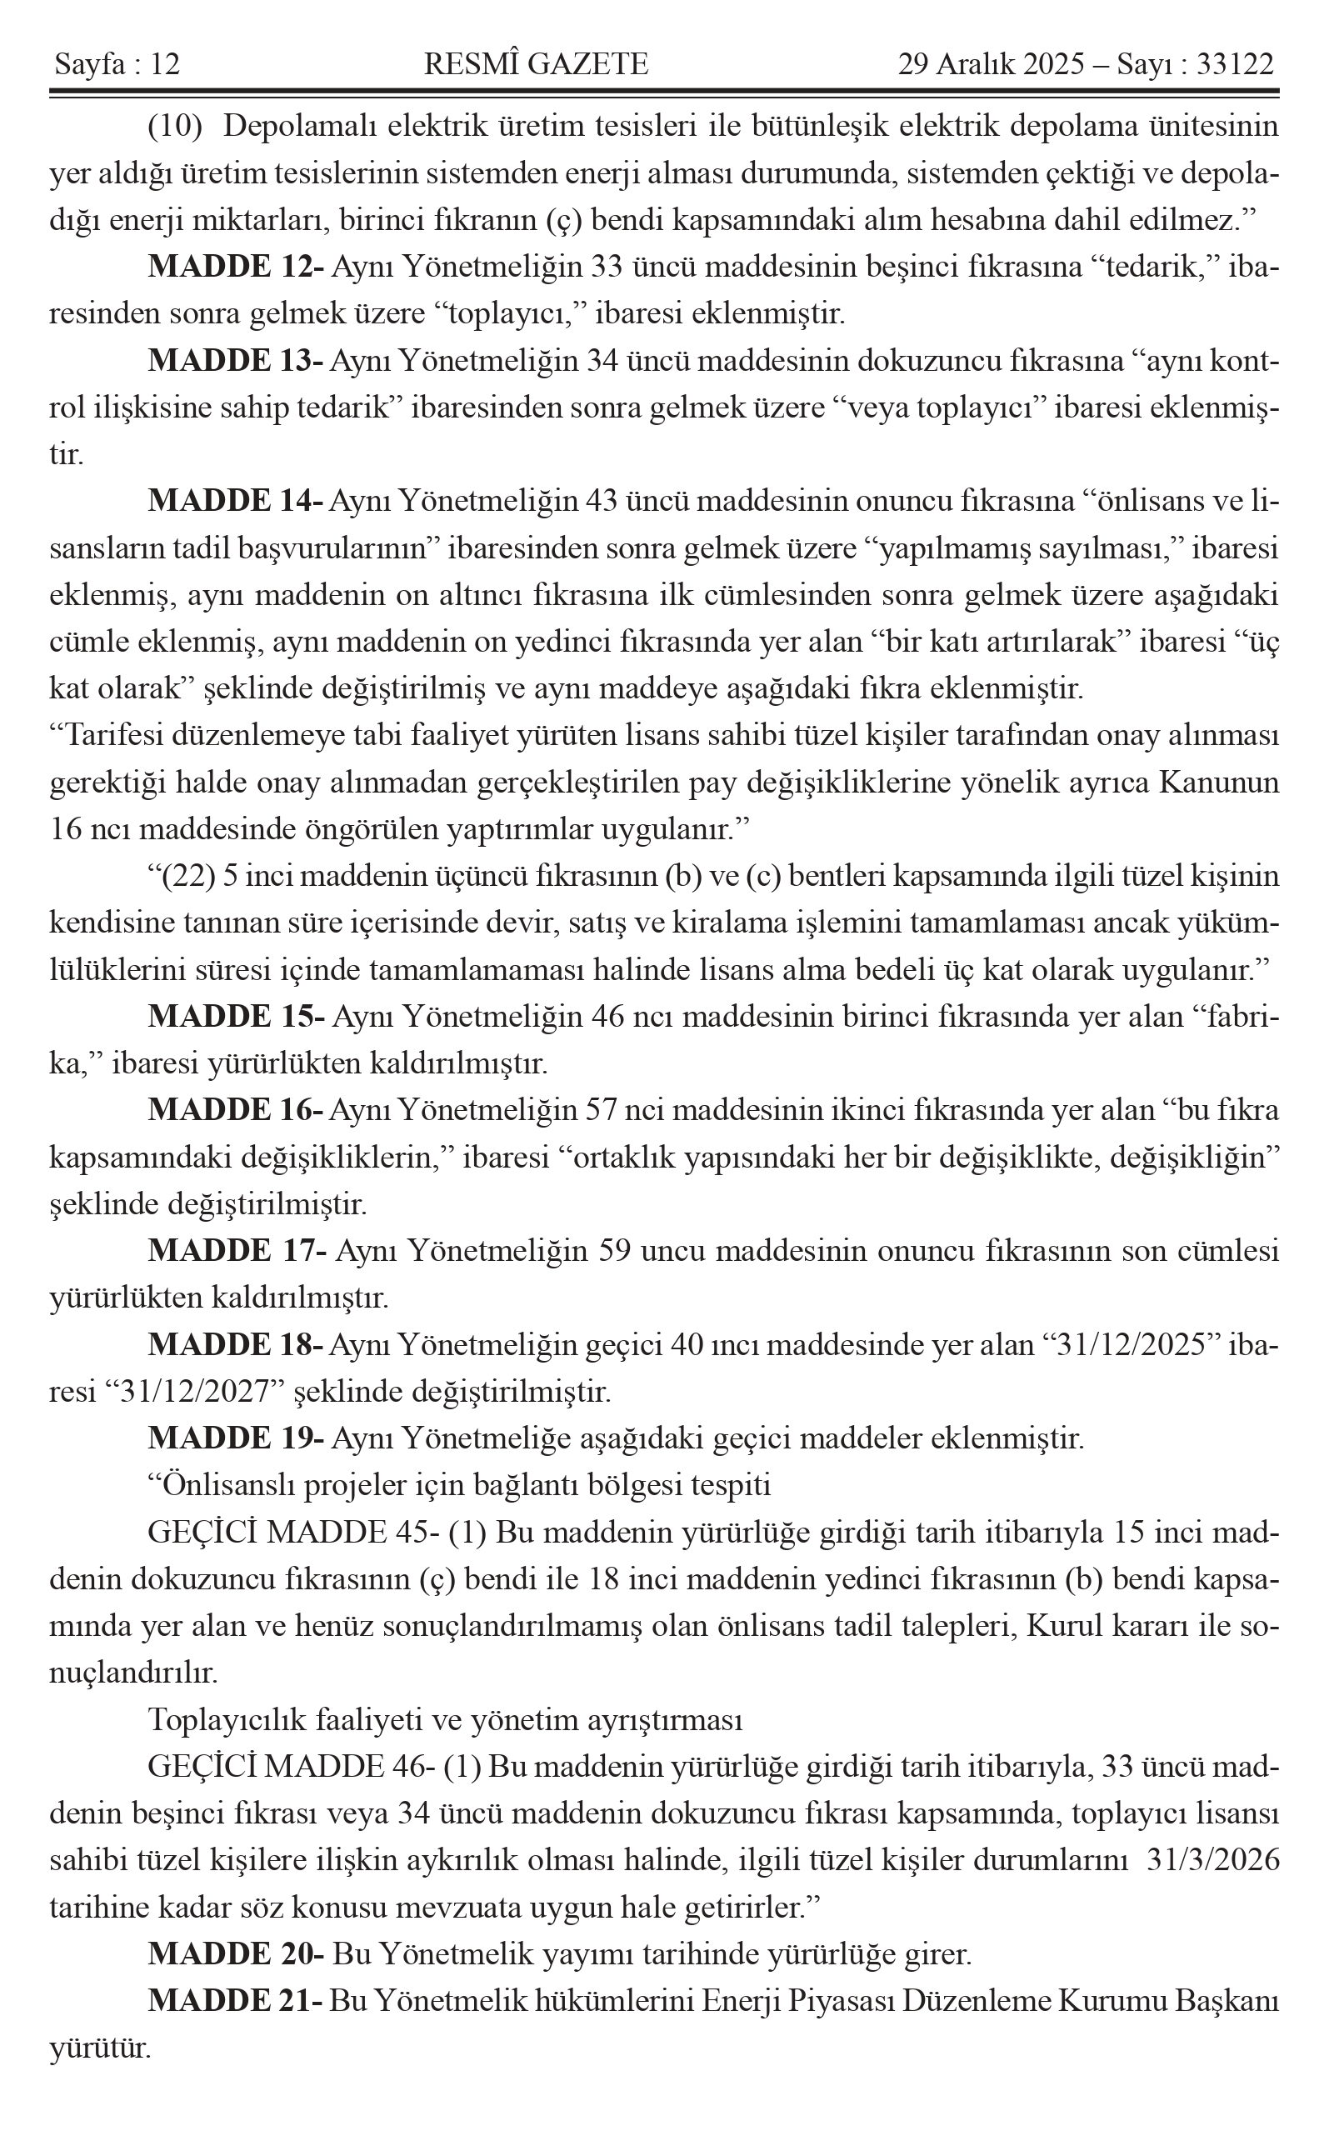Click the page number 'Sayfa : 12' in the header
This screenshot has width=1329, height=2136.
(117, 64)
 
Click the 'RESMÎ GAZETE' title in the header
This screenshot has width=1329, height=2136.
(536, 64)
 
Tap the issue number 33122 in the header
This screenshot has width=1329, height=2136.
(1235, 64)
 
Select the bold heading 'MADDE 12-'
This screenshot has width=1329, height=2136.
(236, 267)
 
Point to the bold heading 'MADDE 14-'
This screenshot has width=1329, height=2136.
(236, 501)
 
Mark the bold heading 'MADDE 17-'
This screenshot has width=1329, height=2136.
(236, 1251)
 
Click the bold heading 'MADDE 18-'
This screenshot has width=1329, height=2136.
(236, 1345)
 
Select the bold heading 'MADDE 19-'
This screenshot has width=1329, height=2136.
(236, 1438)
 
